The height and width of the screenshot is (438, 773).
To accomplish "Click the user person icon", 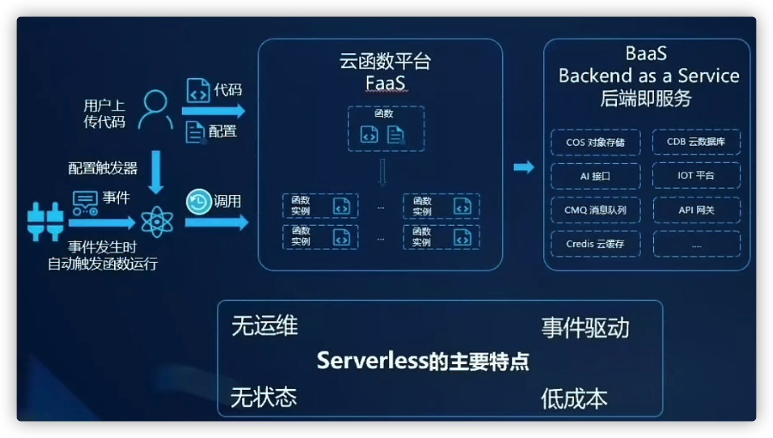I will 155,109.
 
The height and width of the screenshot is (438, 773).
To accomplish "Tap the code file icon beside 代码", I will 198,90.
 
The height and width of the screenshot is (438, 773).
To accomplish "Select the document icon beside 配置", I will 195,132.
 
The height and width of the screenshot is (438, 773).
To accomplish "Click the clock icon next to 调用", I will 198,202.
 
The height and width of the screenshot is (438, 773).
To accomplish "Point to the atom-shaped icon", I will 157,222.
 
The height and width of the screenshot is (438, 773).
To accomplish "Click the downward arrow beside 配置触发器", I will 156,172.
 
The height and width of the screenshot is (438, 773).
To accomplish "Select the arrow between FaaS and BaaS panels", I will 524,167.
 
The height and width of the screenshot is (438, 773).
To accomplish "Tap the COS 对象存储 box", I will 595,143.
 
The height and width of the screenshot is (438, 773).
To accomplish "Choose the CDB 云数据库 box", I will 696,142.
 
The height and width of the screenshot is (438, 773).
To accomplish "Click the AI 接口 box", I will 595,176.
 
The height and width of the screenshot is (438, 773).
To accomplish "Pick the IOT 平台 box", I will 696,176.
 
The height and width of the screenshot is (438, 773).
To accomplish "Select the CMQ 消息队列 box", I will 595,210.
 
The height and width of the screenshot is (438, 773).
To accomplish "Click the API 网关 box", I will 696,210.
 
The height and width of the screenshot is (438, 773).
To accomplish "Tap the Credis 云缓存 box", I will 595,244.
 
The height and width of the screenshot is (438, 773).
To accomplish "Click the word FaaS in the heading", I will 385,83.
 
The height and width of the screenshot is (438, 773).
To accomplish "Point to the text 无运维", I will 264,326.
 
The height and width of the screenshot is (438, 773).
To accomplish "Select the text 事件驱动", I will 585,328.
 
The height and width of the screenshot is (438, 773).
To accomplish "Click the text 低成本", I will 574,398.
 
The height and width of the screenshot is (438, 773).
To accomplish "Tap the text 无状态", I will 264,397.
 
